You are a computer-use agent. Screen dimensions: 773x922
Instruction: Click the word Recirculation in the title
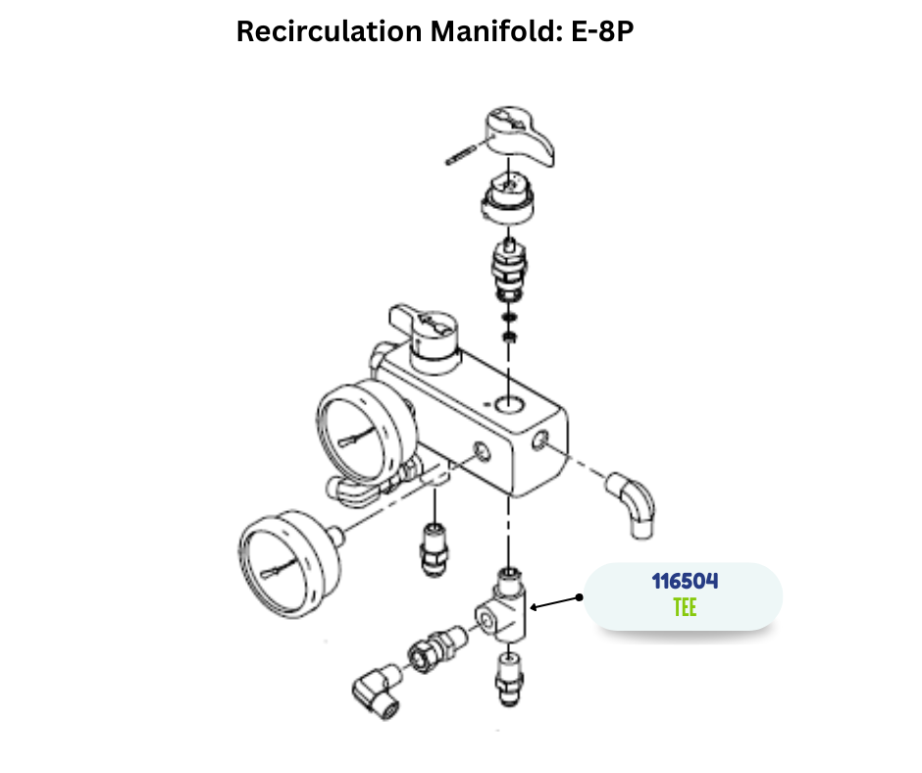(330, 31)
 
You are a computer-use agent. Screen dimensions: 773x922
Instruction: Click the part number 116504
(685, 581)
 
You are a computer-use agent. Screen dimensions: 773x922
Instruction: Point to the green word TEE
(685, 607)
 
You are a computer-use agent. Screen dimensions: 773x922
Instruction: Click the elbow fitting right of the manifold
(633, 503)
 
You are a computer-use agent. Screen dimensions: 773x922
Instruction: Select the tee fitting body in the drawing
(506, 614)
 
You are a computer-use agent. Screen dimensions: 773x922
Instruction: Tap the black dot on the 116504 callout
(580, 595)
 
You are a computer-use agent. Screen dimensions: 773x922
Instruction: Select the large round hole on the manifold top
(509, 403)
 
